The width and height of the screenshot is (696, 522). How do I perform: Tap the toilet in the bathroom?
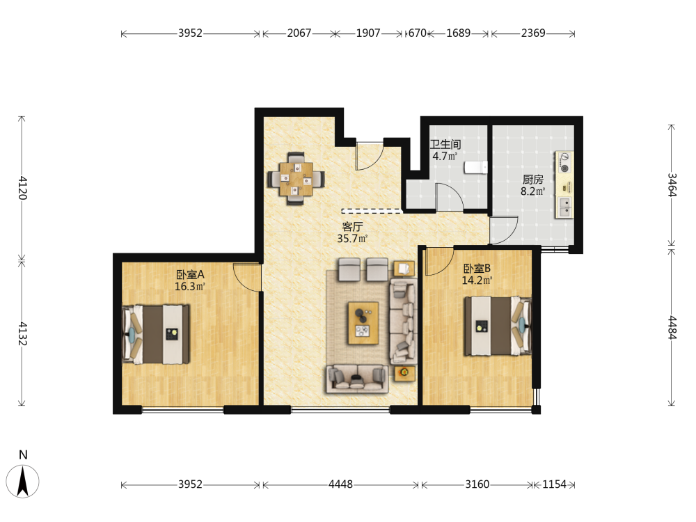[476, 167]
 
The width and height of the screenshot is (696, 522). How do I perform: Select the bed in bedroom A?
[156, 334]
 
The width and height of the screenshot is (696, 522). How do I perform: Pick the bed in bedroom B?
[498, 326]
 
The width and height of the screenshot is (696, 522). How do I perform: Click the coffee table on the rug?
[363, 323]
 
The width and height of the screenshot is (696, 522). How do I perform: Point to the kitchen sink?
[564, 207]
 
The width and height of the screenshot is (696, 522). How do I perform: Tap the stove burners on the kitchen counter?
[564, 163]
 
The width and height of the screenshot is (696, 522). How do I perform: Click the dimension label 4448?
[340, 484]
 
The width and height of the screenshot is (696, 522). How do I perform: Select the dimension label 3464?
[672, 184]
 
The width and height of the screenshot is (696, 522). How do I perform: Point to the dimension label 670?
[417, 33]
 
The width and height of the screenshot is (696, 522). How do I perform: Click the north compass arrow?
[23, 481]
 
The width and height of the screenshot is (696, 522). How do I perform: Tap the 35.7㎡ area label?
[352, 239]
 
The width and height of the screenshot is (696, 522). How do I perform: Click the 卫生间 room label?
[445, 144]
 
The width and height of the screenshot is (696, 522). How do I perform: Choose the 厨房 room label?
[532, 180]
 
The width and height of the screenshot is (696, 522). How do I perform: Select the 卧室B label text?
[477, 269]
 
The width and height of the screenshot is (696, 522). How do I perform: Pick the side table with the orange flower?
[404, 373]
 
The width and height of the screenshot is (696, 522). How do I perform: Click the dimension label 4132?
[23, 333]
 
